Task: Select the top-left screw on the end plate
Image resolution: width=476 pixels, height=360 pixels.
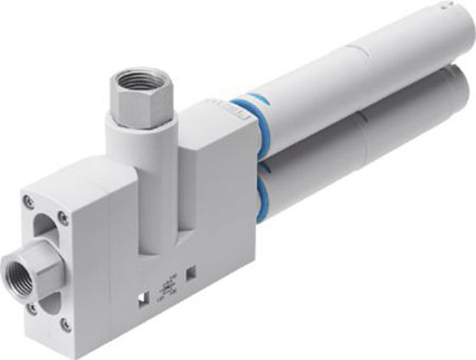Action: click(x=29, y=201)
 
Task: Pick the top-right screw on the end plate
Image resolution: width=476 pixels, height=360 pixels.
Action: click(x=63, y=218)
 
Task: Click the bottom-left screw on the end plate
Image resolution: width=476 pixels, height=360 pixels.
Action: click(x=31, y=308)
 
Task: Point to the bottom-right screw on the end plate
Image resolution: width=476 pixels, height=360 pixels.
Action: click(x=66, y=325)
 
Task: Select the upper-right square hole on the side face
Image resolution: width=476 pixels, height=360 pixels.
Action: click(x=191, y=273)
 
